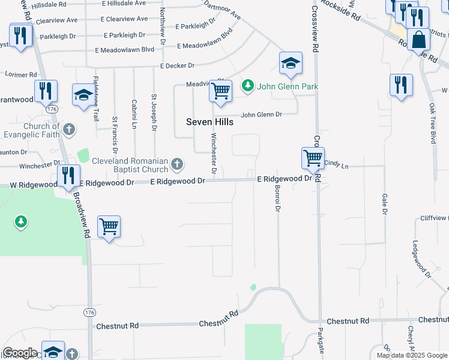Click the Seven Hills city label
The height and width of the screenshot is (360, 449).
coord(209,122)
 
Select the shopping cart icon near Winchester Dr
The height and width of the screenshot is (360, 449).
coord(221,91)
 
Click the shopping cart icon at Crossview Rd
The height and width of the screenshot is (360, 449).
coord(313,158)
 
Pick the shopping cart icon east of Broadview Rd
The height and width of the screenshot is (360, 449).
coord(109,227)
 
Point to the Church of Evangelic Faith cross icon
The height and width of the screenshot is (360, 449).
coord(69,129)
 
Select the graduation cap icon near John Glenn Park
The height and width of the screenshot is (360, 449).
coord(291,63)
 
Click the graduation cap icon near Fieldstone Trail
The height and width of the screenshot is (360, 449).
coord(83,95)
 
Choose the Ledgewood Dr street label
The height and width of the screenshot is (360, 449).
coord(421,260)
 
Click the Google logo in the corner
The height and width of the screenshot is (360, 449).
coord(20,353)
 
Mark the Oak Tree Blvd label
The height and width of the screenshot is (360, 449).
coord(432,122)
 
